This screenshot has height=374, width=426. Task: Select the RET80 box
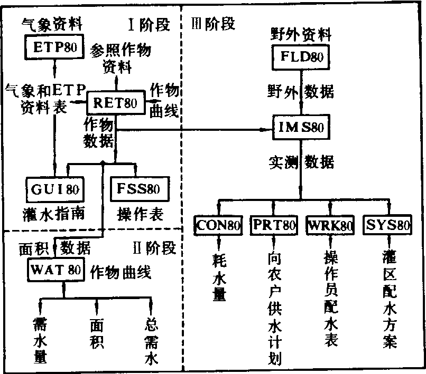pos(115,103)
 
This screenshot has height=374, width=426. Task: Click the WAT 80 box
pos(55,271)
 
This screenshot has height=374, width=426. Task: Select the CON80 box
pos(218,226)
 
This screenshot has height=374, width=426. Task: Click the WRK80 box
pos(330,226)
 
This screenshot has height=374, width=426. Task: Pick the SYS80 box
pos(387,226)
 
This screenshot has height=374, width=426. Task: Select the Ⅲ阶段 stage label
pos(214,24)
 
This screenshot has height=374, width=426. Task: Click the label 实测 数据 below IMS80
pos(300,161)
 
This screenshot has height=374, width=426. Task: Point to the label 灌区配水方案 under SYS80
pos(390,299)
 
